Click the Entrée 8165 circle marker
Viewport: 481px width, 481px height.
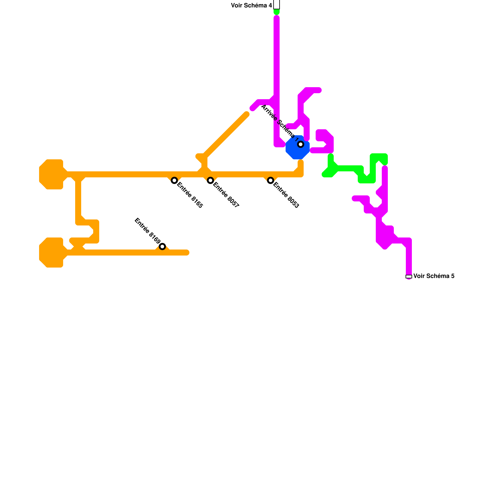(174, 180)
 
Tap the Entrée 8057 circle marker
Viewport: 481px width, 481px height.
(210, 180)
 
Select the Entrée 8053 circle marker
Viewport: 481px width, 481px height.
(271, 180)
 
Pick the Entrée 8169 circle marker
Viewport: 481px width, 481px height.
(162, 247)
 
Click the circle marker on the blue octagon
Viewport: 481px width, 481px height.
(301, 144)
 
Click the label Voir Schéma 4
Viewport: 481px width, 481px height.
(251, 5)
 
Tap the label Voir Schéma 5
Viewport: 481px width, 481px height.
(434, 276)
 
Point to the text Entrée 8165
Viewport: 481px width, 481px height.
(190, 195)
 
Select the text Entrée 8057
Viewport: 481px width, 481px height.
(226, 195)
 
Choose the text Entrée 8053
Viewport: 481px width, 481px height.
(286, 195)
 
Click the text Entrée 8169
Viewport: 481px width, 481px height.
(147, 231)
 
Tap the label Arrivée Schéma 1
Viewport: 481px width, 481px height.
(280, 123)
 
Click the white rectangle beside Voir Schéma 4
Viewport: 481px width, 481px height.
(277, 4)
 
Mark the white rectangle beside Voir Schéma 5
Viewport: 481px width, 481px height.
(409, 277)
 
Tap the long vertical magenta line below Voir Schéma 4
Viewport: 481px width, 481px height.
(277, 60)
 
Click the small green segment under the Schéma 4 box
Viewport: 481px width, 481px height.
(277, 12)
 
